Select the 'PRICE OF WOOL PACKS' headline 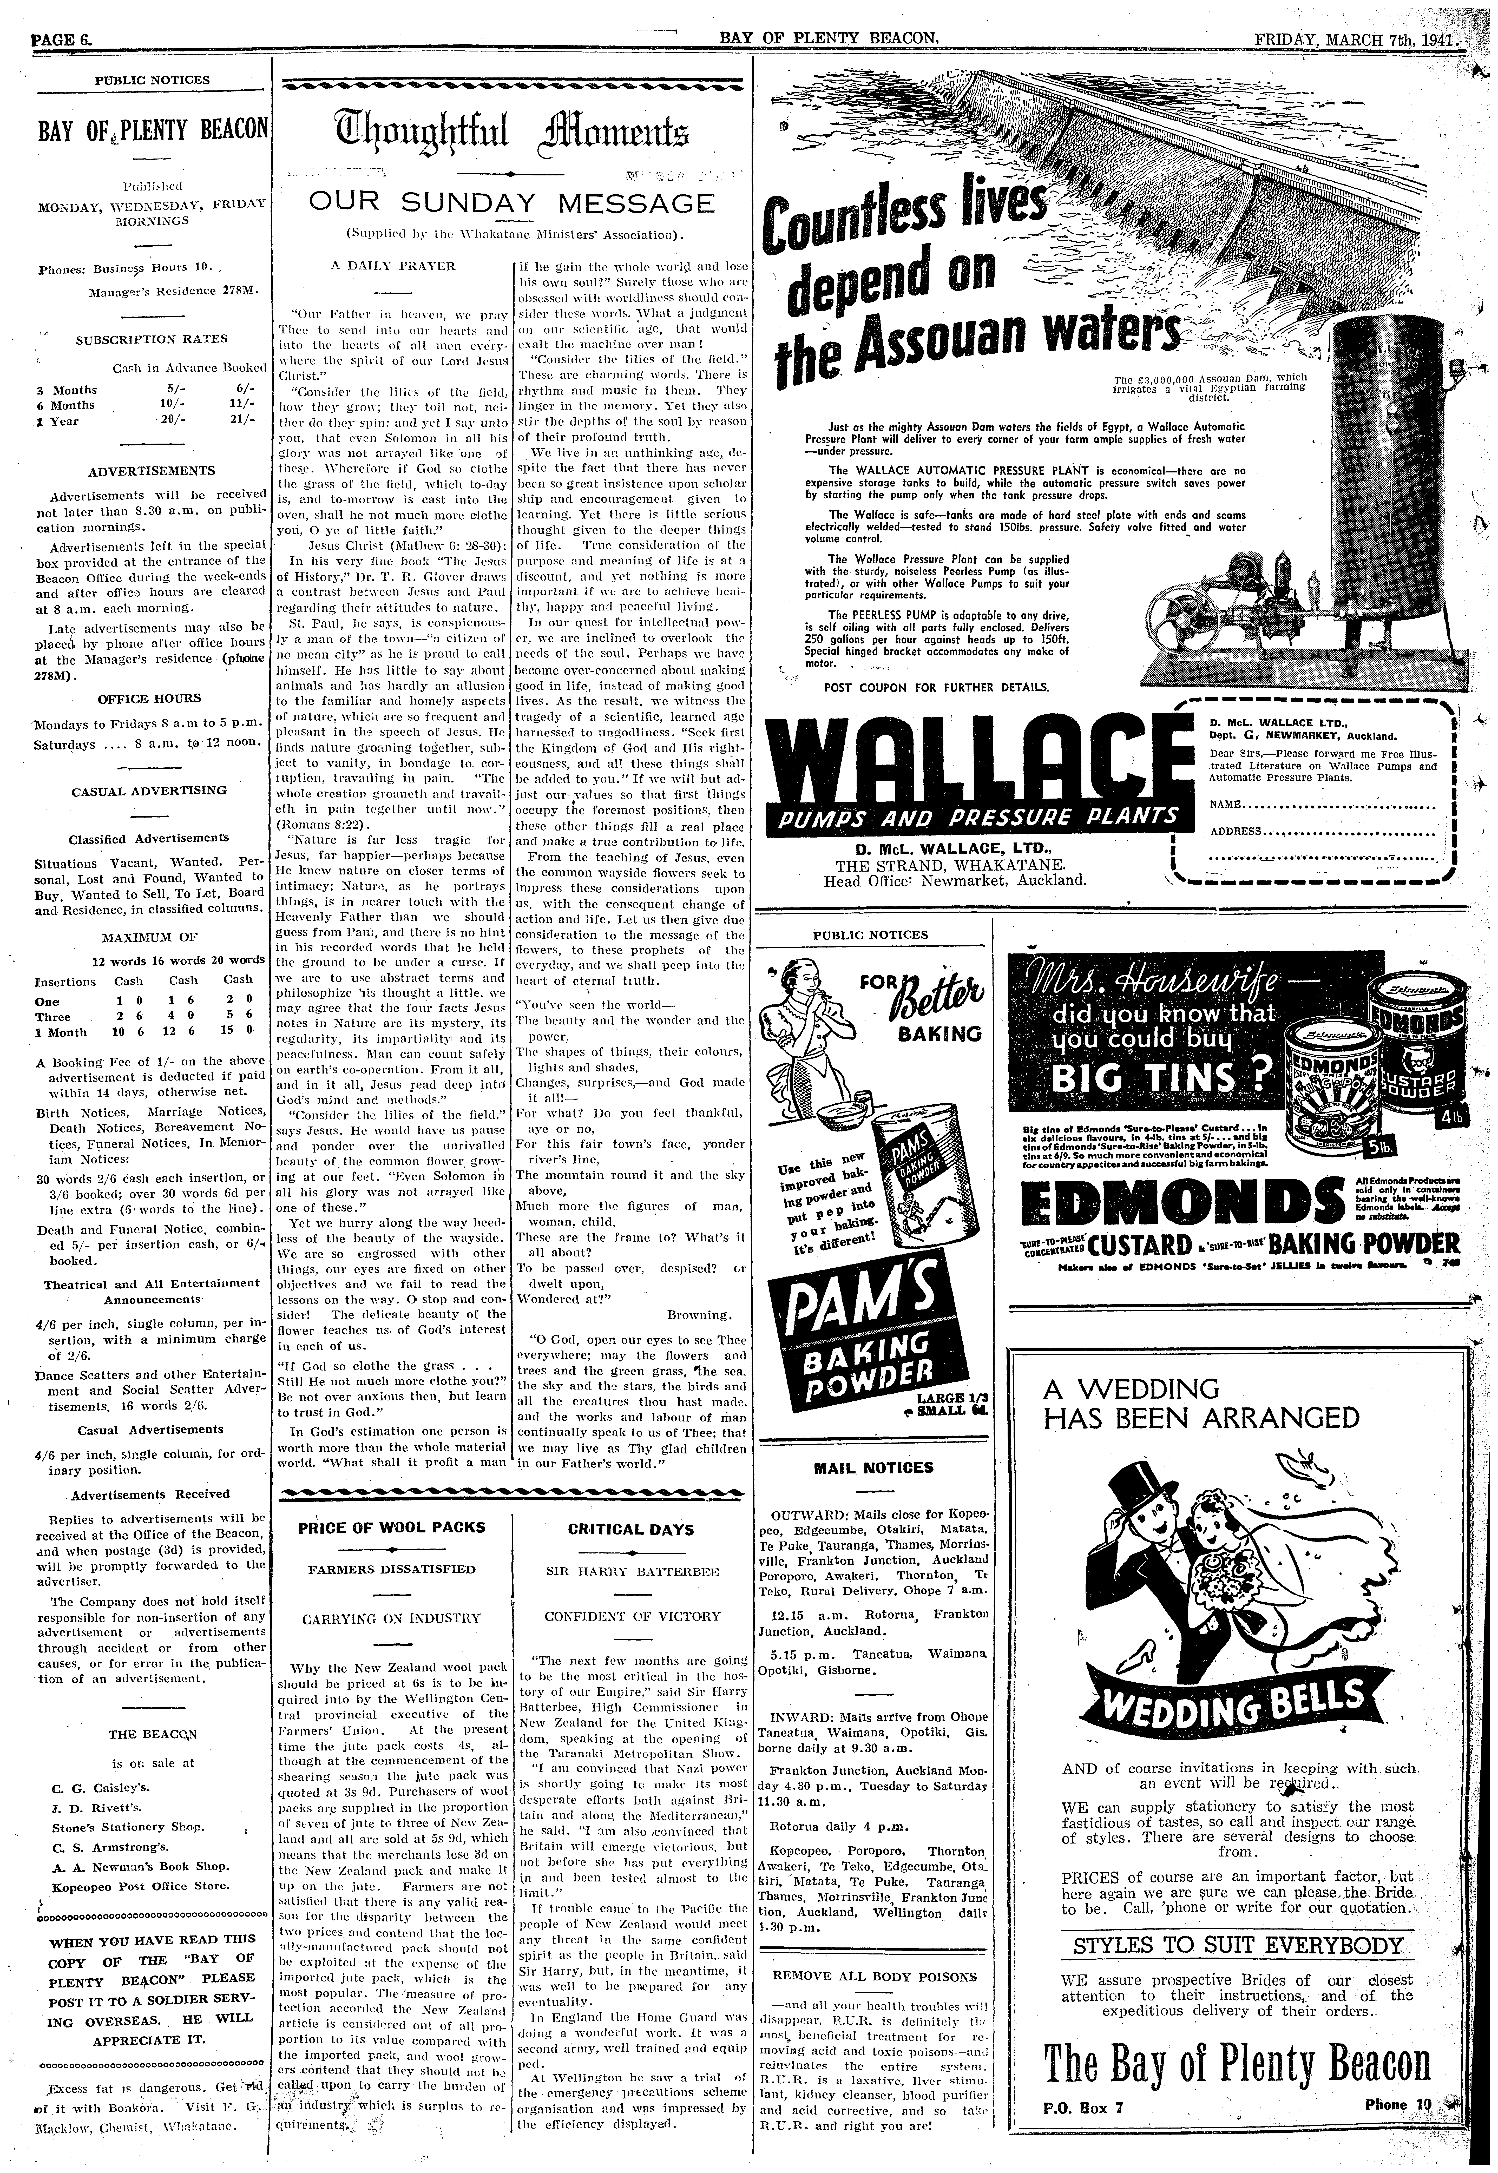(x=391, y=1527)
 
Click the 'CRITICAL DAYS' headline (x=631, y=1529)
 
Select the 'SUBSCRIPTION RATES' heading (x=151, y=339)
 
